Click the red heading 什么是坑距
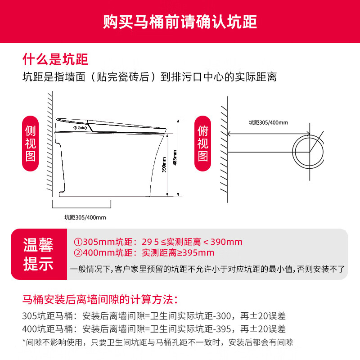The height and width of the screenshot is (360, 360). point(55,59)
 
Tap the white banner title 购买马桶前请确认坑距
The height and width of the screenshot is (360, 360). point(180,22)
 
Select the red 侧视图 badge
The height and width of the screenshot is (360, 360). point(30,144)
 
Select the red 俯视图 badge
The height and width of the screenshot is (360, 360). point(203,144)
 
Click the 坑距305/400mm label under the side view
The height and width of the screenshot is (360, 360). point(85,217)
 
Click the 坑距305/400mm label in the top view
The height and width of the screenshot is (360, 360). point(268,122)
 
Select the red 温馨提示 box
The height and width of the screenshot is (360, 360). point(38,255)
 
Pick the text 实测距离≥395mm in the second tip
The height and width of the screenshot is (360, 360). point(178,252)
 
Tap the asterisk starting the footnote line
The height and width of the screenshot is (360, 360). point(24,342)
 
